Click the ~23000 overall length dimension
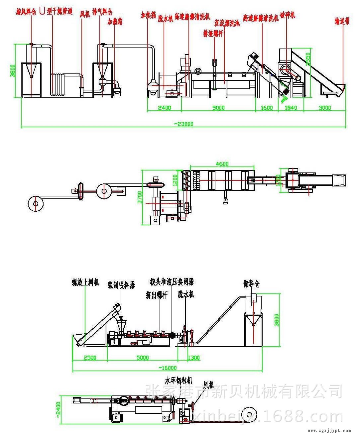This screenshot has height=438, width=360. [183, 124]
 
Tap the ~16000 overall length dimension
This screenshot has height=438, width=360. [167, 368]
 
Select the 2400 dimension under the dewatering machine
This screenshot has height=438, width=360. [164, 108]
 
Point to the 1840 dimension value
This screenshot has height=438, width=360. [291, 108]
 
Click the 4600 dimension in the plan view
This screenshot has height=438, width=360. [222, 164]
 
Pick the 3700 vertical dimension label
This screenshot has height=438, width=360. [140, 197]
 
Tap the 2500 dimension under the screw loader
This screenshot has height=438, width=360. [90, 358]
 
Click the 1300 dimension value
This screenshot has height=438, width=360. [193, 358]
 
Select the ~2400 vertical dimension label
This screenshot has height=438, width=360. [58, 410]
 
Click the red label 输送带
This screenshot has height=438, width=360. [342, 21]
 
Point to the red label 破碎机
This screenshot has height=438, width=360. [287, 15]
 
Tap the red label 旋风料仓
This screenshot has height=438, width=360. [26, 12]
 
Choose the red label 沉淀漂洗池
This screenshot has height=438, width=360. [227, 23]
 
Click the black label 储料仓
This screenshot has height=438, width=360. [251, 283]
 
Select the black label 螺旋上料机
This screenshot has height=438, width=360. [85, 282]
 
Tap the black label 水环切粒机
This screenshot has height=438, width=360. [179, 380]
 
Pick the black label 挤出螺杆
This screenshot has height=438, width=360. [157, 295]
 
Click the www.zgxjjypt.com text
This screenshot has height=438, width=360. [329, 431]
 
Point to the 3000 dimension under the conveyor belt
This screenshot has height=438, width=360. [325, 108]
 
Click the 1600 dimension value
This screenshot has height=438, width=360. [267, 108]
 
